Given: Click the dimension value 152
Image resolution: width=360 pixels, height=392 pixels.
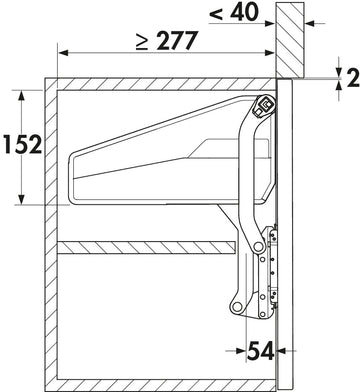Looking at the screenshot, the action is tap(23, 145).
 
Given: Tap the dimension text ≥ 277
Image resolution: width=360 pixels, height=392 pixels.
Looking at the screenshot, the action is tap(167, 40).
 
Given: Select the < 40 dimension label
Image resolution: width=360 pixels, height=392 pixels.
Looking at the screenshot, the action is tap(234, 12).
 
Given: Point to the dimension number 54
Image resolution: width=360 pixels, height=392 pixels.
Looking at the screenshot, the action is tap(261, 351).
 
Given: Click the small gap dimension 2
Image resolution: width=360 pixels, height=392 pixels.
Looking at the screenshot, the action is tap(353, 78).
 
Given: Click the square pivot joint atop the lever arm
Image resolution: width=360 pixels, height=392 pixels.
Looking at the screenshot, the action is tap(265, 105).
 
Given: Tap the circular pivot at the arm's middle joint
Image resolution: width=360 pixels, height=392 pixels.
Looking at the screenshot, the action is tap(258, 247).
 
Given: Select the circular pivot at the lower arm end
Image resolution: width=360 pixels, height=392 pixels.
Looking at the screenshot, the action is tap(237, 306).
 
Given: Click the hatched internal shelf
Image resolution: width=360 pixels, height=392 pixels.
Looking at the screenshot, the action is tap(146, 247).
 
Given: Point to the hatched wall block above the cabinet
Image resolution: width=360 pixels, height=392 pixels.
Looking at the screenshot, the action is tap(290, 39).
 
